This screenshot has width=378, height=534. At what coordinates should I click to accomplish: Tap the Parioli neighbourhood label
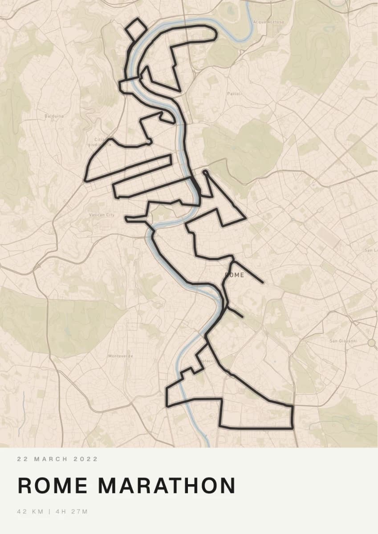coord(234,94)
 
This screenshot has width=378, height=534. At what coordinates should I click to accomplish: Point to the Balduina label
coord(54,116)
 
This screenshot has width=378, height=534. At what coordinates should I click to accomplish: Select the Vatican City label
coord(102,215)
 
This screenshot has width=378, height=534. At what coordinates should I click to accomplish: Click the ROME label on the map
coord(235,275)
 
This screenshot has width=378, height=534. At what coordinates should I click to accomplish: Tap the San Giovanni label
coord(343,341)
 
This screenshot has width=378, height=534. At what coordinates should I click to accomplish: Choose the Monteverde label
coord(121,356)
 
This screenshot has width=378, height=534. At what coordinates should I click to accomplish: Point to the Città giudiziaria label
coord(99,142)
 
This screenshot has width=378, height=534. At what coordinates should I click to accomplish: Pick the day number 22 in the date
coord(21,459)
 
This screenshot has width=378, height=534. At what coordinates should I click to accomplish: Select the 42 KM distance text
coord(30,512)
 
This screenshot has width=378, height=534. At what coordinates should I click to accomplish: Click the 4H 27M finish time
coord(72,512)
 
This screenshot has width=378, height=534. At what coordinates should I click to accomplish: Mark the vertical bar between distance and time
coord(49,512)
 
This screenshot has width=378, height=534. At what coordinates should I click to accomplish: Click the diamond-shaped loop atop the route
coord(136,29)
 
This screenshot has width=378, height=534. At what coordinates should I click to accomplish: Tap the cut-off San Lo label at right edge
coord(371,251)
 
